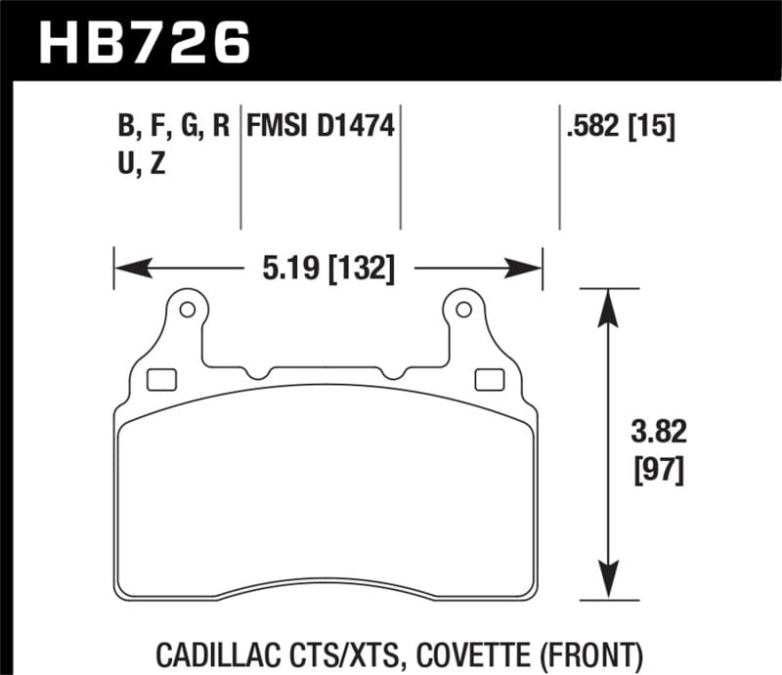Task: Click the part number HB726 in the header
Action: click(x=145, y=41)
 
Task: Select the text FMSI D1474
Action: click(x=321, y=127)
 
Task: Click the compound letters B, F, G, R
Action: click(x=172, y=127)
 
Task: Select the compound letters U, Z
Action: click(x=141, y=164)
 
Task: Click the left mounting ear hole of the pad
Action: click(x=187, y=310)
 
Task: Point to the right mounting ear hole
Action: click(x=460, y=310)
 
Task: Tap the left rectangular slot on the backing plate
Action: click(x=158, y=379)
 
